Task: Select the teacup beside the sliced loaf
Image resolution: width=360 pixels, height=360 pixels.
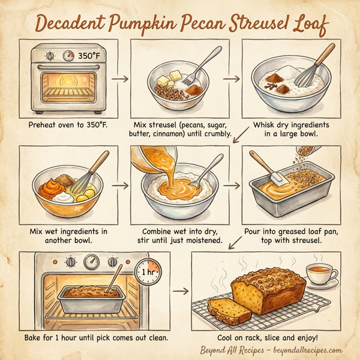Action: click(x=322, y=274)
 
